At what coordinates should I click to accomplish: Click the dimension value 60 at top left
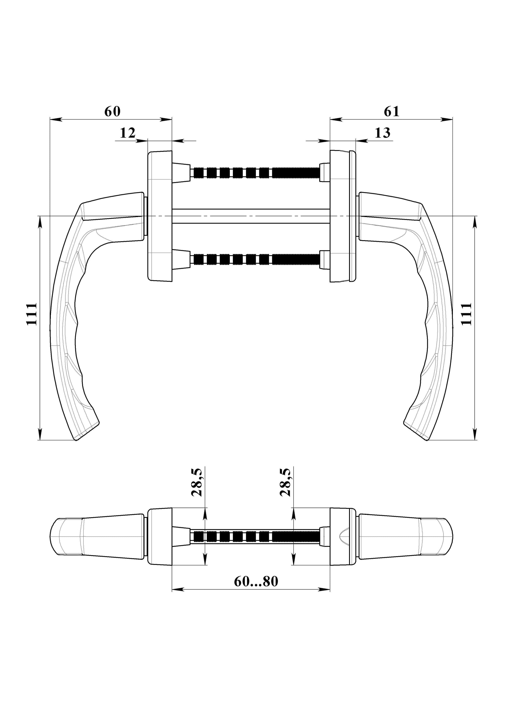112,112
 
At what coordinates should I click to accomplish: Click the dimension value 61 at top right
392,112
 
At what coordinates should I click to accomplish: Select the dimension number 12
128,133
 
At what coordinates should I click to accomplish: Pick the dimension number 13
382,133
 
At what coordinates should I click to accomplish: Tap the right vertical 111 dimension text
466,314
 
